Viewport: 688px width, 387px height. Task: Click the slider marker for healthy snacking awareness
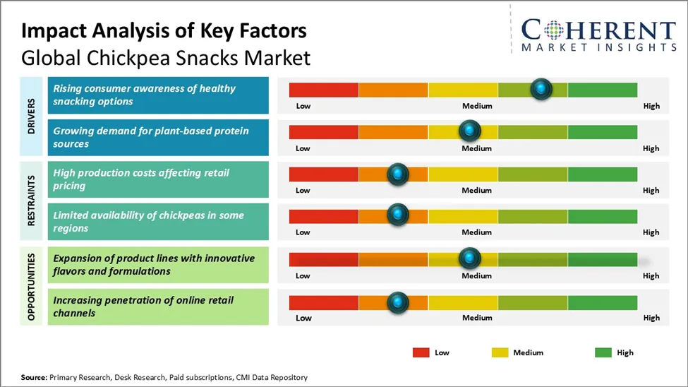tap(541, 88)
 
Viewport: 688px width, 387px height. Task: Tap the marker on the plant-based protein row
tap(469, 131)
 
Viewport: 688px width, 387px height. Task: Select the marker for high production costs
tap(398, 173)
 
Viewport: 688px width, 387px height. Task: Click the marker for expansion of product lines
tap(469, 258)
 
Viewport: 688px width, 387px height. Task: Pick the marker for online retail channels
tap(398, 302)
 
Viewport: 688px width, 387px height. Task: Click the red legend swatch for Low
tap(421, 352)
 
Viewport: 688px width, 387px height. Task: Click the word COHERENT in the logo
tap(598, 30)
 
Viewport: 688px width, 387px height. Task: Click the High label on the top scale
tap(651, 106)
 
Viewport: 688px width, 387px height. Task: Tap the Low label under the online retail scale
tap(303, 318)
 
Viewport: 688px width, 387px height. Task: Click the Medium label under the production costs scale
tap(477, 191)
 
